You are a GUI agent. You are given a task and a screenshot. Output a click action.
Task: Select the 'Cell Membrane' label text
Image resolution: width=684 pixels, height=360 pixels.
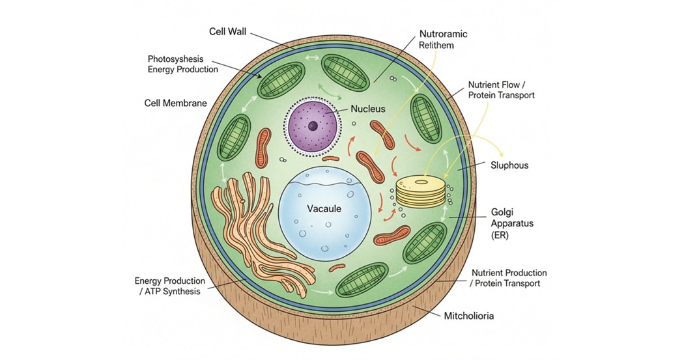click(x=175, y=103)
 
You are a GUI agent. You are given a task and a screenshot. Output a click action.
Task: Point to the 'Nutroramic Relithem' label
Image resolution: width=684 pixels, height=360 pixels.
click(x=444, y=38)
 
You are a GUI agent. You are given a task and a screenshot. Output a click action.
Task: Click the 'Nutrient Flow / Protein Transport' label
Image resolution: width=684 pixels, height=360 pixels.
click(x=501, y=90)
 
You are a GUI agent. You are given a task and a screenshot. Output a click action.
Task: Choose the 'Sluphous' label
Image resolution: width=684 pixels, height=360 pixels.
click(x=509, y=165)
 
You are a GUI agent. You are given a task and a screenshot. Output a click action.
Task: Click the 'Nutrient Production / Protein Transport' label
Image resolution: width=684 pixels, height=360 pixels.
click(x=508, y=278)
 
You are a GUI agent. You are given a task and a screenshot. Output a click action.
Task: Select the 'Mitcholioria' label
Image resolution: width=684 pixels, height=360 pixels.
click(x=469, y=316)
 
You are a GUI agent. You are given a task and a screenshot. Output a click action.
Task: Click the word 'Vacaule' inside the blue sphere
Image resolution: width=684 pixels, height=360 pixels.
click(x=324, y=209)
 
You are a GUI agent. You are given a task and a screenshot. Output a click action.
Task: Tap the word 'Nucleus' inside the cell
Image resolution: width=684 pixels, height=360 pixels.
click(x=368, y=109)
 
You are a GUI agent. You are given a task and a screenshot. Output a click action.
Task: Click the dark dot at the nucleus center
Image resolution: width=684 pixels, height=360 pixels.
click(x=313, y=126)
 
